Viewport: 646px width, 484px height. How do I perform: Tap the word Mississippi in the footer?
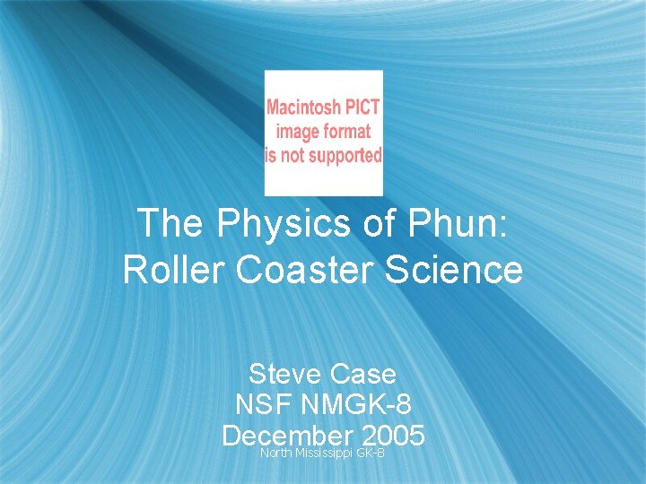(x=324, y=454)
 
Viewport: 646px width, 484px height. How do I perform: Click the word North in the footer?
(x=275, y=454)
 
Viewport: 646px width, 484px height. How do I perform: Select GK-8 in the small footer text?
(x=371, y=454)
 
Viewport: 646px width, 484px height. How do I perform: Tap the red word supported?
(x=345, y=154)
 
